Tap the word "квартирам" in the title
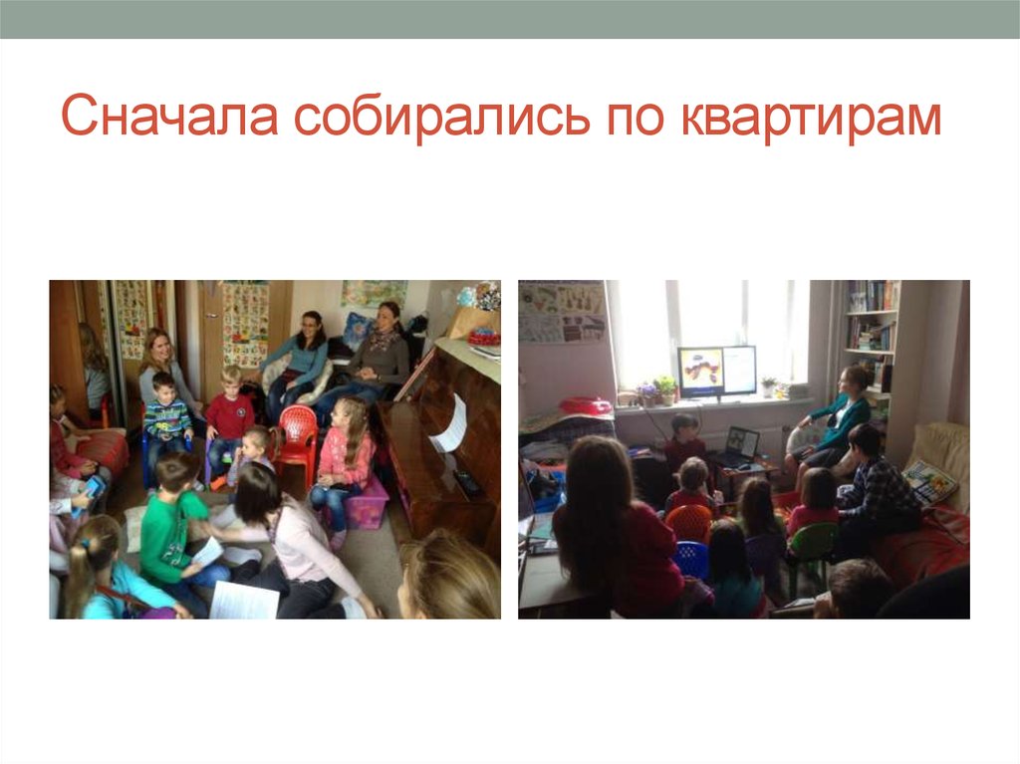pyautogui.click(x=811, y=119)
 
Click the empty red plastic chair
pyautogui.click(x=297, y=437)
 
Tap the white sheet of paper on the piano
pyautogui.click(x=450, y=423)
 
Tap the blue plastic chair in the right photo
pyautogui.click(x=692, y=559)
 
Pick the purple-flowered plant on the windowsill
pyautogui.click(x=647, y=391)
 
